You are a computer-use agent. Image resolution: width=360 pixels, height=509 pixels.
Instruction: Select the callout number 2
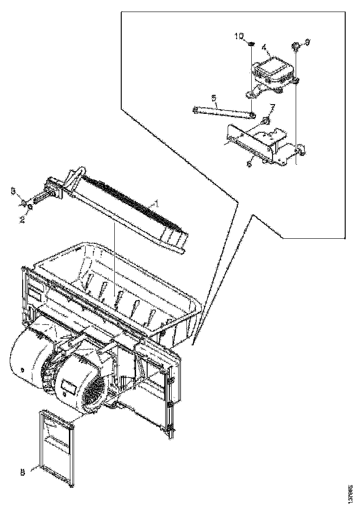[21, 220]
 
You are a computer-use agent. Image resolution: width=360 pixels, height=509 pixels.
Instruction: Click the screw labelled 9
[295, 45]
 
